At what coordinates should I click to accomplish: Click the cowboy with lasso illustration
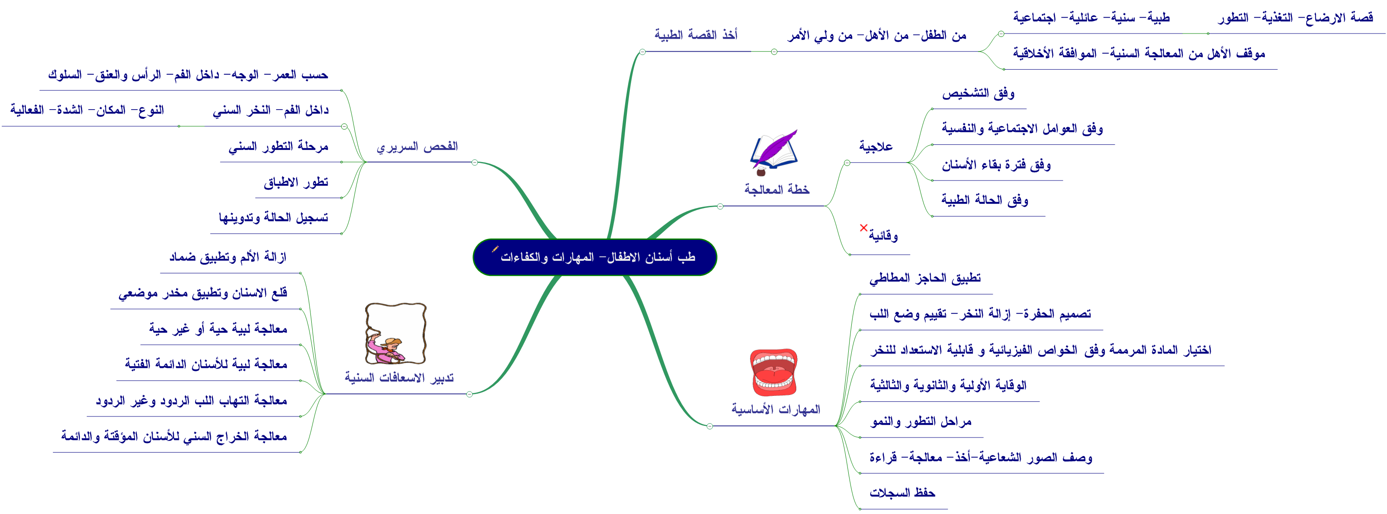click(x=395, y=333)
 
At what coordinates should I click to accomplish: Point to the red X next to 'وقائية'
click(x=864, y=228)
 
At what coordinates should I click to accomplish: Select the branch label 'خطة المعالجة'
click(x=776, y=190)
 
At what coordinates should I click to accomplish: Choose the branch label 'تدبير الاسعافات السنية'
click(x=399, y=378)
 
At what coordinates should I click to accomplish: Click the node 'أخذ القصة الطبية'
click(x=696, y=35)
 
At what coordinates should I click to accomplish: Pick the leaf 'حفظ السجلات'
click(x=902, y=493)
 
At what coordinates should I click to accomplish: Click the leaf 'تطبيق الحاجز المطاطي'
click(x=925, y=278)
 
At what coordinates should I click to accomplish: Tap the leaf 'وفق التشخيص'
click(x=978, y=94)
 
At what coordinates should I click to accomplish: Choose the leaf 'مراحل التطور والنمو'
click(x=921, y=422)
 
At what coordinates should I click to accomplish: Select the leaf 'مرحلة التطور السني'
click(x=278, y=147)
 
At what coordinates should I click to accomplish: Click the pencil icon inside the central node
click(x=495, y=249)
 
